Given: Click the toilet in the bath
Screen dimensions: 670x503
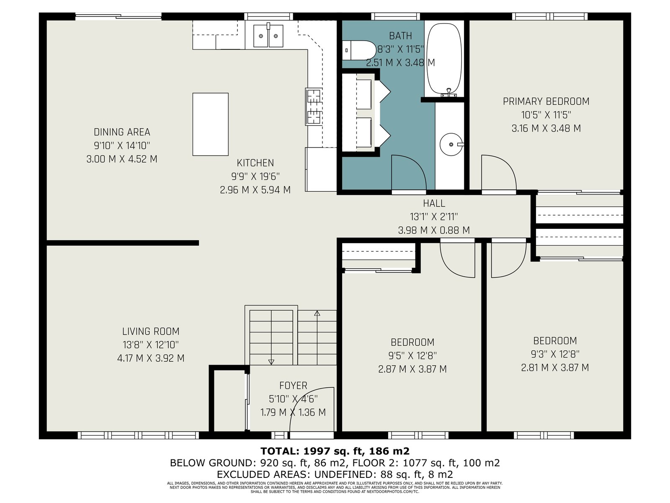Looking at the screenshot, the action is point(358,50).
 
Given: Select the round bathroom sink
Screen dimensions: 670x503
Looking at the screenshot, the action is point(451,145).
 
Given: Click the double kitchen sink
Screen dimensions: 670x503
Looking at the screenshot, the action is point(268,36).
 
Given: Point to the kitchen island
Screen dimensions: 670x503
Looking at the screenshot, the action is point(210,124).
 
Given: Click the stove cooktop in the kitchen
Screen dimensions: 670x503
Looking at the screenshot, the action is point(314,106).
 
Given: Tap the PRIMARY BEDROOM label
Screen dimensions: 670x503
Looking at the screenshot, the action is point(546,101).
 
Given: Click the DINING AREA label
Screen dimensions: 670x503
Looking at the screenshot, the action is point(122,132).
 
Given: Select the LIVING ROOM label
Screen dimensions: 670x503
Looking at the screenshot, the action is point(151,332).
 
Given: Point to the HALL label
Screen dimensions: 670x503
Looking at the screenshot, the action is point(434,203).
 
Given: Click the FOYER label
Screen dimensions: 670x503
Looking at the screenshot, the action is point(293,385).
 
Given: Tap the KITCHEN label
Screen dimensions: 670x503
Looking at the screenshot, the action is point(255,163).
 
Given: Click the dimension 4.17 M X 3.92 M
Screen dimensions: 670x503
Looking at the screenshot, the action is point(151,358).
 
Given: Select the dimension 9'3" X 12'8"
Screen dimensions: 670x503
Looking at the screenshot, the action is point(555,354).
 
